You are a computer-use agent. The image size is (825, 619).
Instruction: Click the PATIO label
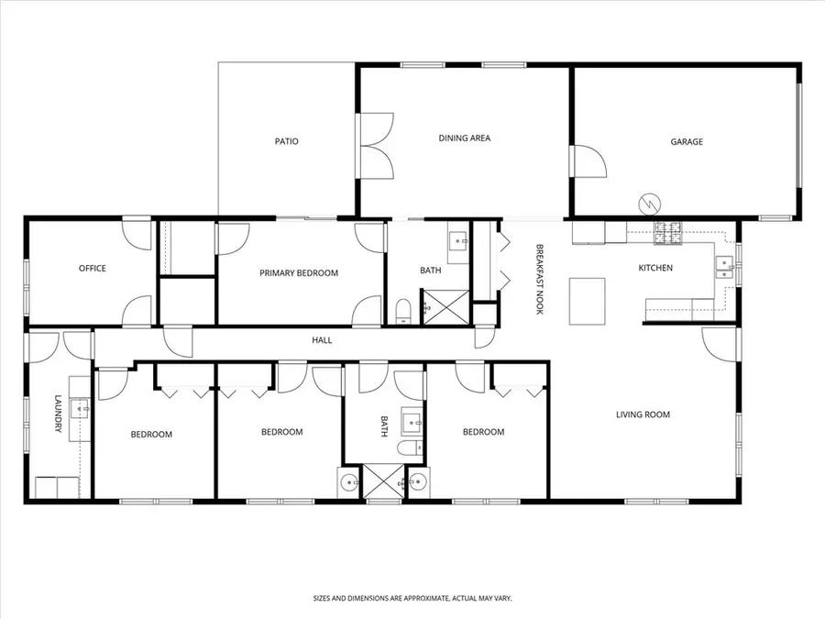(286, 141)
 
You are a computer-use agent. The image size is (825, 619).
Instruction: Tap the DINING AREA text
(464, 138)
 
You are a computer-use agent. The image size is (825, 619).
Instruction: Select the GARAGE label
(687, 141)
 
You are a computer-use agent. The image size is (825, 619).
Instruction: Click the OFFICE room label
(92, 269)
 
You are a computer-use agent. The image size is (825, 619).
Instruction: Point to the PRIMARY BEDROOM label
(299, 273)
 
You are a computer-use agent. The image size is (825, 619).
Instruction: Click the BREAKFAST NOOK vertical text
(540, 280)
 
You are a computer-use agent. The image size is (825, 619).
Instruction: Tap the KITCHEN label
(655, 268)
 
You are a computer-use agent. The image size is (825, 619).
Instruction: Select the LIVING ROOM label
(642, 415)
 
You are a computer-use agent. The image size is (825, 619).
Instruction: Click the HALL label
(322, 340)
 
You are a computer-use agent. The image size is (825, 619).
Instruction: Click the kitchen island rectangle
(588, 301)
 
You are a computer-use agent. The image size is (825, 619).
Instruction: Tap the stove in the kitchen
(669, 236)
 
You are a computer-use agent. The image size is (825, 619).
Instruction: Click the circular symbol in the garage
(648, 202)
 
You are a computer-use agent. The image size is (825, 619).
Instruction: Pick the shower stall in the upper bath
(445, 306)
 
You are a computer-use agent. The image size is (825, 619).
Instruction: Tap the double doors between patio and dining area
(375, 145)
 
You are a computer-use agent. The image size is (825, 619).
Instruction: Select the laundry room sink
(80, 408)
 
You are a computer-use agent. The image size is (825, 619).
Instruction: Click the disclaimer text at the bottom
(412, 597)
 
